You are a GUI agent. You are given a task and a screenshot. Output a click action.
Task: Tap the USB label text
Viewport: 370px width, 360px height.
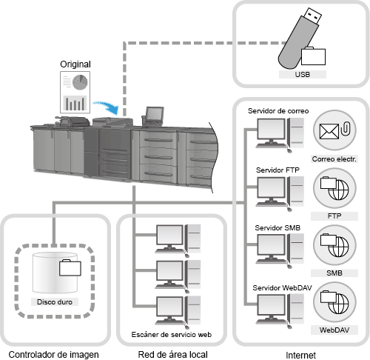coord(303,74)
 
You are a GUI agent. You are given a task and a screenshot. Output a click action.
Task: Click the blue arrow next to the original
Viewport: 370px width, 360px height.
coord(107,107)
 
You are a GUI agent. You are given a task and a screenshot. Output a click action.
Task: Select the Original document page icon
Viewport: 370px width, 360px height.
coord(75,92)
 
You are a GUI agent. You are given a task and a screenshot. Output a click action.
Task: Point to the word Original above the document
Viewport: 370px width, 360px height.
coord(75,64)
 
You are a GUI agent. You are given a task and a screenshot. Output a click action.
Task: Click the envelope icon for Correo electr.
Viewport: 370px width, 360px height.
coord(329,131)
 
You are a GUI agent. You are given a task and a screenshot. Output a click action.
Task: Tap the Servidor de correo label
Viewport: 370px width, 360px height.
coord(278,111)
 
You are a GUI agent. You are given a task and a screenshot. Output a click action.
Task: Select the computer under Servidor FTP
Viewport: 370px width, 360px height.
coord(280,193)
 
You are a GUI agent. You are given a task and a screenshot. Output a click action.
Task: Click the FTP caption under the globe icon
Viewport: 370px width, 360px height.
coord(334,216)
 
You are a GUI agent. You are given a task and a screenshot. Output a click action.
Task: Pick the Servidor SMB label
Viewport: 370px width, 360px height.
coord(277,227)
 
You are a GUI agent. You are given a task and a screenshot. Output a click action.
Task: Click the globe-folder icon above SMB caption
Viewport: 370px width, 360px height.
coord(334,245)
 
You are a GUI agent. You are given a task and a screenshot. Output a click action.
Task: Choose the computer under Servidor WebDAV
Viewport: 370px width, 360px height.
coord(280,311)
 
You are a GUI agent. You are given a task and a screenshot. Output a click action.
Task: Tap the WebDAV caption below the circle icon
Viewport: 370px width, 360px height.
coord(334,330)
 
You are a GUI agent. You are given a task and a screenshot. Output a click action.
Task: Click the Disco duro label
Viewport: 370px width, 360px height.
coord(55,301)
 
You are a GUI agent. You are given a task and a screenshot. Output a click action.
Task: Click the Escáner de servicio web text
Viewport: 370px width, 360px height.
coord(172,335)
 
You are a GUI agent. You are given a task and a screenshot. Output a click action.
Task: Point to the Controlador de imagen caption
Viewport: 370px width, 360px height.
coord(53,355)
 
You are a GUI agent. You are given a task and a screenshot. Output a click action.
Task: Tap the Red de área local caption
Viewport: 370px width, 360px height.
coord(172,355)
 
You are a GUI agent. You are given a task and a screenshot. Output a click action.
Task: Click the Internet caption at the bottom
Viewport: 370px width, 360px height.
coord(300,356)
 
